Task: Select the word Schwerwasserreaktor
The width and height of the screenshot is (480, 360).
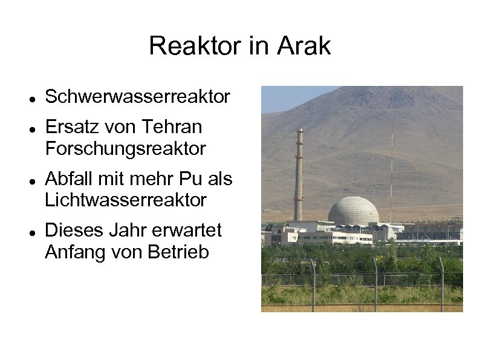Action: pyautogui.click(x=137, y=96)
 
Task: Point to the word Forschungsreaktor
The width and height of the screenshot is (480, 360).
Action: pyautogui.click(x=125, y=148)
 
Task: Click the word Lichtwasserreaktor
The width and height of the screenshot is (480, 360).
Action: pyautogui.click(x=125, y=200)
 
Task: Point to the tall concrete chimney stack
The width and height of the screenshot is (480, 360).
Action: pyautogui.click(x=299, y=175)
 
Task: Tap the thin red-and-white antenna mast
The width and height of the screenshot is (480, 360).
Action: pyautogui.click(x=391, y=175)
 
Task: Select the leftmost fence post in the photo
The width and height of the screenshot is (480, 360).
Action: pyautogui.click(x=313, y=284)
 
